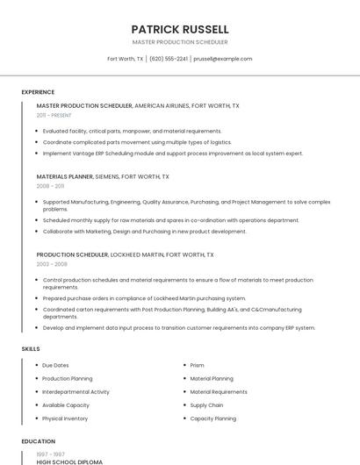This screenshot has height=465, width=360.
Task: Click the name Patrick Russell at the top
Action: [x=179, y=29]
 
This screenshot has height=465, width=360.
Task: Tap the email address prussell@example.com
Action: [x=222, y=59]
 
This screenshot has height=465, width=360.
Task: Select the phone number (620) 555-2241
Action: [x=169, y=59]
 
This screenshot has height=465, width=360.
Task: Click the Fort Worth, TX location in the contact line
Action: [x=126, y=59]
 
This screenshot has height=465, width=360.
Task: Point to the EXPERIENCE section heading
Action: [x=38, y=91]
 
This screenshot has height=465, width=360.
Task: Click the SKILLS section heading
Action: [x=31, y=349]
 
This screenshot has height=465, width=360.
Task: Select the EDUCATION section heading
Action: [x=39, y=441]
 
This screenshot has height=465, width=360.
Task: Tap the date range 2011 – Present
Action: [x=54, y=115]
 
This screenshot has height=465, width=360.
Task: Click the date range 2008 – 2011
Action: [x=50, y=186]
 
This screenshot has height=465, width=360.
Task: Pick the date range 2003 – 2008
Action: [x=52, y=263]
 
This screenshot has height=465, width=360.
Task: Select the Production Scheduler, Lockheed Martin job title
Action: [x=73, y=254]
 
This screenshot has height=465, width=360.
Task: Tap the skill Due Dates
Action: [x=55, y=365]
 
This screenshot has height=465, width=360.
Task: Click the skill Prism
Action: [x=197, y=365]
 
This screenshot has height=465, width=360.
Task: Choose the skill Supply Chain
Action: [x=206, y=405]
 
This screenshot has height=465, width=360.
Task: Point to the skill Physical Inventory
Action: [x=65, y=418]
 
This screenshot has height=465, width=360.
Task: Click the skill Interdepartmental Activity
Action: [x=76, y=392]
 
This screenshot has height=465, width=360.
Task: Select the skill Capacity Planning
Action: [x=212, y=418]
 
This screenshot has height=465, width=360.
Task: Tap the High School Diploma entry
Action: [x=69, y=461]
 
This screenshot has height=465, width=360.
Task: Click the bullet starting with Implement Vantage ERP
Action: [x=172, y=153]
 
